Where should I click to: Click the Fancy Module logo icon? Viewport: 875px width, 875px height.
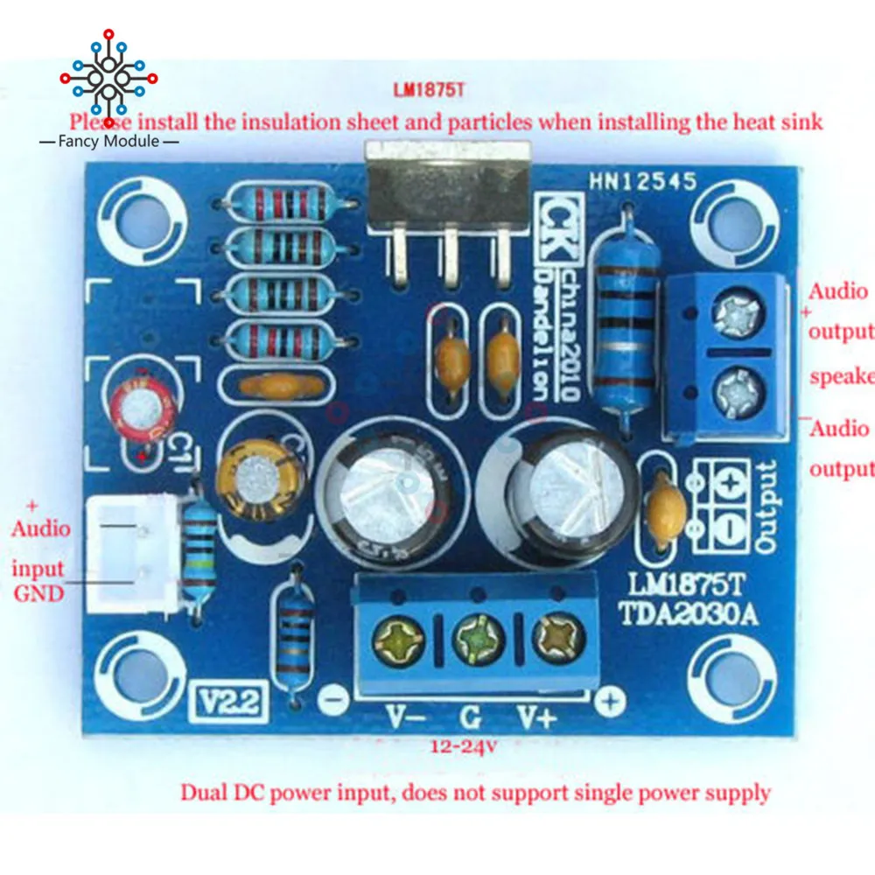click(x=108, y=80)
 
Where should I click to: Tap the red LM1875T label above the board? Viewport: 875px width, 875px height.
click(x=428, y=91)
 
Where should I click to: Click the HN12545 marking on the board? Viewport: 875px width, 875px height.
click(x=642, y=182)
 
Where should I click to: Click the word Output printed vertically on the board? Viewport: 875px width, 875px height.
click(x=766, y=507)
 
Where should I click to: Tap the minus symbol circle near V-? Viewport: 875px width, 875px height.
click(x=331, y=700)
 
